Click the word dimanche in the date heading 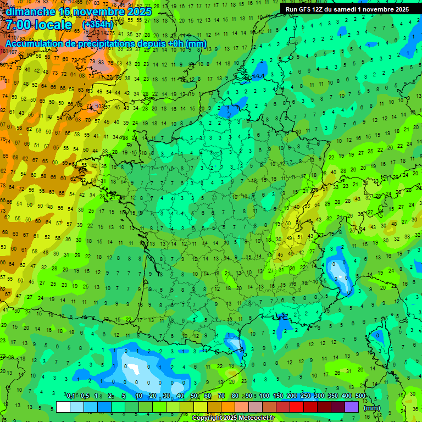point(31,12)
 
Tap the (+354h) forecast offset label point(98,25)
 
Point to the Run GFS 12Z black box point(347,9)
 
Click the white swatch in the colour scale point(63,407)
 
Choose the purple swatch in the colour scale point(352,407)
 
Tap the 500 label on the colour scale point(360,396)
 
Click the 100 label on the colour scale point(264,396)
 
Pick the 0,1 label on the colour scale point(71,396)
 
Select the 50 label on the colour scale point(193,396)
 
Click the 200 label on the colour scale point(292,396)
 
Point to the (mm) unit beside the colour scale point(372,408)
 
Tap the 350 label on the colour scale point(333,396)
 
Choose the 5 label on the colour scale point(125,396)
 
